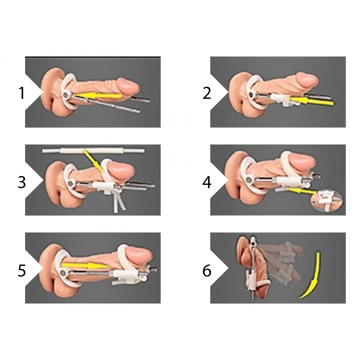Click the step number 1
[22, 93]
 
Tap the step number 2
[207, 93]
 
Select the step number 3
[22, 182]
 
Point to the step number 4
[207, 182]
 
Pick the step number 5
[22, 270]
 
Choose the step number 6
[207, 270]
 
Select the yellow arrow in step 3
[92, 161]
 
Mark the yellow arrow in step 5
[84, 266]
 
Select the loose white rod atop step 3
[94, 151]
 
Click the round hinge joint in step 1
[66, 95]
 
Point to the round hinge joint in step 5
[62, 273]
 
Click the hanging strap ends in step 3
[119, 203]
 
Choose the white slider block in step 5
[127, 277]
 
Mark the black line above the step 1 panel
[93, 56]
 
